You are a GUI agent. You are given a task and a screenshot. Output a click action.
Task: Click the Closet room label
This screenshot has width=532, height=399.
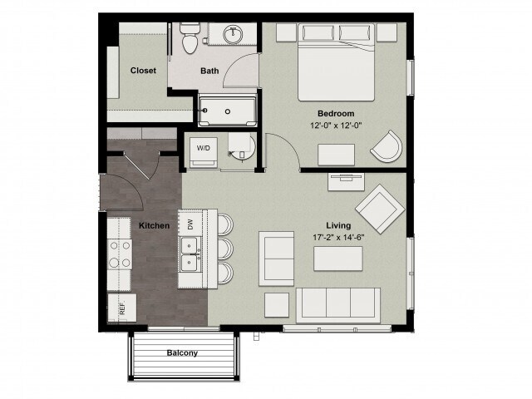[143, 71]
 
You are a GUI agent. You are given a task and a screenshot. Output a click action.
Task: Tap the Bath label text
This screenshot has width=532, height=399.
[209, 71]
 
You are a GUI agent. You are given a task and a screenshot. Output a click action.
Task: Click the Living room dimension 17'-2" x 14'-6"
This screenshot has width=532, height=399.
[338, 238]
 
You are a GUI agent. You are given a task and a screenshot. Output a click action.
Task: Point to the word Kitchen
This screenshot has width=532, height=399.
[154, 225]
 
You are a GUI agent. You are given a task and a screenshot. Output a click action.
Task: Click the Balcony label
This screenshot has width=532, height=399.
[182, 353]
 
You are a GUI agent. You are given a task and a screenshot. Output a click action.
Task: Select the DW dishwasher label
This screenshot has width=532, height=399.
[190, 224]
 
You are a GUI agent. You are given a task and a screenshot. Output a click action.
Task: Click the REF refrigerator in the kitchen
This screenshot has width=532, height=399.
[122, 308]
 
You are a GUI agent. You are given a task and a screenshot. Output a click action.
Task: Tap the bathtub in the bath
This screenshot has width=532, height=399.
[226, 110]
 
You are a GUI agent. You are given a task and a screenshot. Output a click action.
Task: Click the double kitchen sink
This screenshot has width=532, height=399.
[190, 254]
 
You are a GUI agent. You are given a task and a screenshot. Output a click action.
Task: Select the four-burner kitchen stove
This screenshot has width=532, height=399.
[120, 254]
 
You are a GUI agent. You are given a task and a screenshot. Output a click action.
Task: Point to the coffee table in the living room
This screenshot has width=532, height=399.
[337, 259]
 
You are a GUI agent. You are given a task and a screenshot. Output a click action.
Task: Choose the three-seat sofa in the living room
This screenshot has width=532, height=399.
[338, 304]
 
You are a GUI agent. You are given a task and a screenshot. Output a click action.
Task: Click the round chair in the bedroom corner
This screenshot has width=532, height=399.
[386, 149]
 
